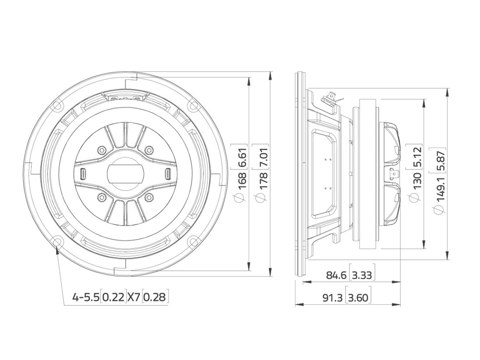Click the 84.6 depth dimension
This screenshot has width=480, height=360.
[336, 276]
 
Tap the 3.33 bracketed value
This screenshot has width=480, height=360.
[362, 276]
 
